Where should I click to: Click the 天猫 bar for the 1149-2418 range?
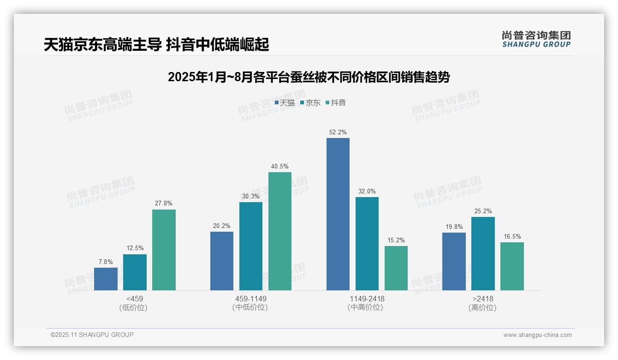click(x=338, y=214)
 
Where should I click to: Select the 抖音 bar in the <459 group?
click(x=164, y=250)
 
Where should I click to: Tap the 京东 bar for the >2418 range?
click(x=483, y=253)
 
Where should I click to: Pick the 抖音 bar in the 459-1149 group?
click(x=280, y=231)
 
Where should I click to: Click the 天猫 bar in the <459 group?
click(x=106, y=279)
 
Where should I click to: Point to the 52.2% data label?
click(x=338, y=132)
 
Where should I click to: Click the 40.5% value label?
click(x=280, y=166)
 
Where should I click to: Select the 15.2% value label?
click(x=396, y=240)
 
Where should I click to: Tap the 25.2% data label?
click(x=483, y=211)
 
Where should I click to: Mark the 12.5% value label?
click(x=135, y=248)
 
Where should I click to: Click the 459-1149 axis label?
click(x=250, y=299)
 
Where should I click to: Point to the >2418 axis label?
click(x=483, y=299)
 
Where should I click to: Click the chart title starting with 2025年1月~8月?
click(x=309, y=77)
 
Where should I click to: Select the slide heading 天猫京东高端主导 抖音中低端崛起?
click(x=156, y=45)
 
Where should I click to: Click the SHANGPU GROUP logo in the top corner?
click(x=536, y=39)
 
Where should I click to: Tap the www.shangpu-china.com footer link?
click(x=537, y=335)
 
